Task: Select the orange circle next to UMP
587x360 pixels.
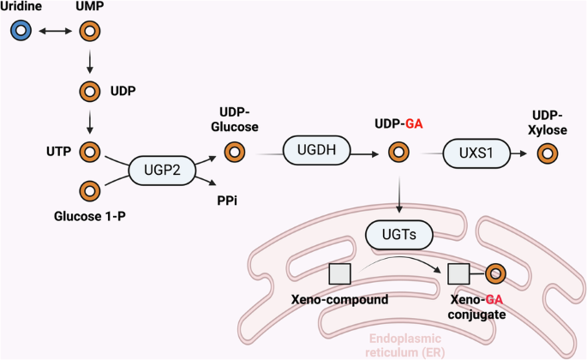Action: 89,32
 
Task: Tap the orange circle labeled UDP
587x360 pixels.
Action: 89,91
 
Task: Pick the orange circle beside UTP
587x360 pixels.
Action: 89,152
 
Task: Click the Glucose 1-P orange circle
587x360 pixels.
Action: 89,189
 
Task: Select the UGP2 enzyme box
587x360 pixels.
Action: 161,170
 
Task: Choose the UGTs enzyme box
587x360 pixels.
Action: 397,232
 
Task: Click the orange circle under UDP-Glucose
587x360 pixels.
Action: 233,153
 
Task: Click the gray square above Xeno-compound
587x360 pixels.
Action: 339,274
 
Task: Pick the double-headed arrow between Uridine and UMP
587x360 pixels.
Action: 55,32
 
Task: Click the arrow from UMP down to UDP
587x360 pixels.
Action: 89,61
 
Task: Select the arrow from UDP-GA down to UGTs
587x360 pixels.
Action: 397,193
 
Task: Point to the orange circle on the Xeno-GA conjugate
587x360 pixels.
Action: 495,274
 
